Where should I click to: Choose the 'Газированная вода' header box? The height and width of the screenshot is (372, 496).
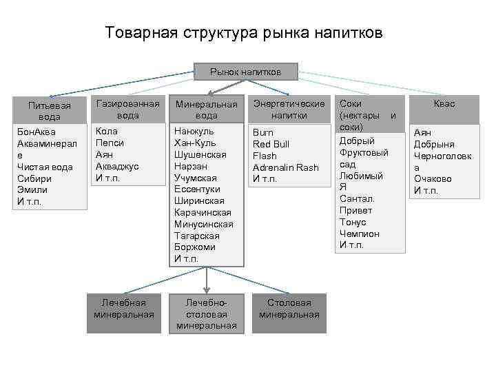pos(127,109)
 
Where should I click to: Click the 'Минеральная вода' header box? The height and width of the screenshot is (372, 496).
pos(206,110)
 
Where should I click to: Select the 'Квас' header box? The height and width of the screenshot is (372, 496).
pos(444,103)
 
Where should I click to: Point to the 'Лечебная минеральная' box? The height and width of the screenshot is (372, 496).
pos(124,309)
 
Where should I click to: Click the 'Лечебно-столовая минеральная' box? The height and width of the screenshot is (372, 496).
pos(206,314)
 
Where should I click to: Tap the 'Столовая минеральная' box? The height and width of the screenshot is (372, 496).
pos(289,309)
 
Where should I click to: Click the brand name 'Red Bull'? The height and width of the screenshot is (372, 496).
pos(271,144)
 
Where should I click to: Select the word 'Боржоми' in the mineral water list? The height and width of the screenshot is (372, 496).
pos(195,247)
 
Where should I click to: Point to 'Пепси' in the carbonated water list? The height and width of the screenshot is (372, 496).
pos(110,143)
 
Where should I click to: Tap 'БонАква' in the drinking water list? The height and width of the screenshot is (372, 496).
pos(37,132)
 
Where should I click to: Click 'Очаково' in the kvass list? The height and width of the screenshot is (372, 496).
pos(432,178)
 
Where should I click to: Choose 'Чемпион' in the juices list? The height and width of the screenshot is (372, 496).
pos(358,234)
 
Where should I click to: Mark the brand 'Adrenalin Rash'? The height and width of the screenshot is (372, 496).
pos(285,167)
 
